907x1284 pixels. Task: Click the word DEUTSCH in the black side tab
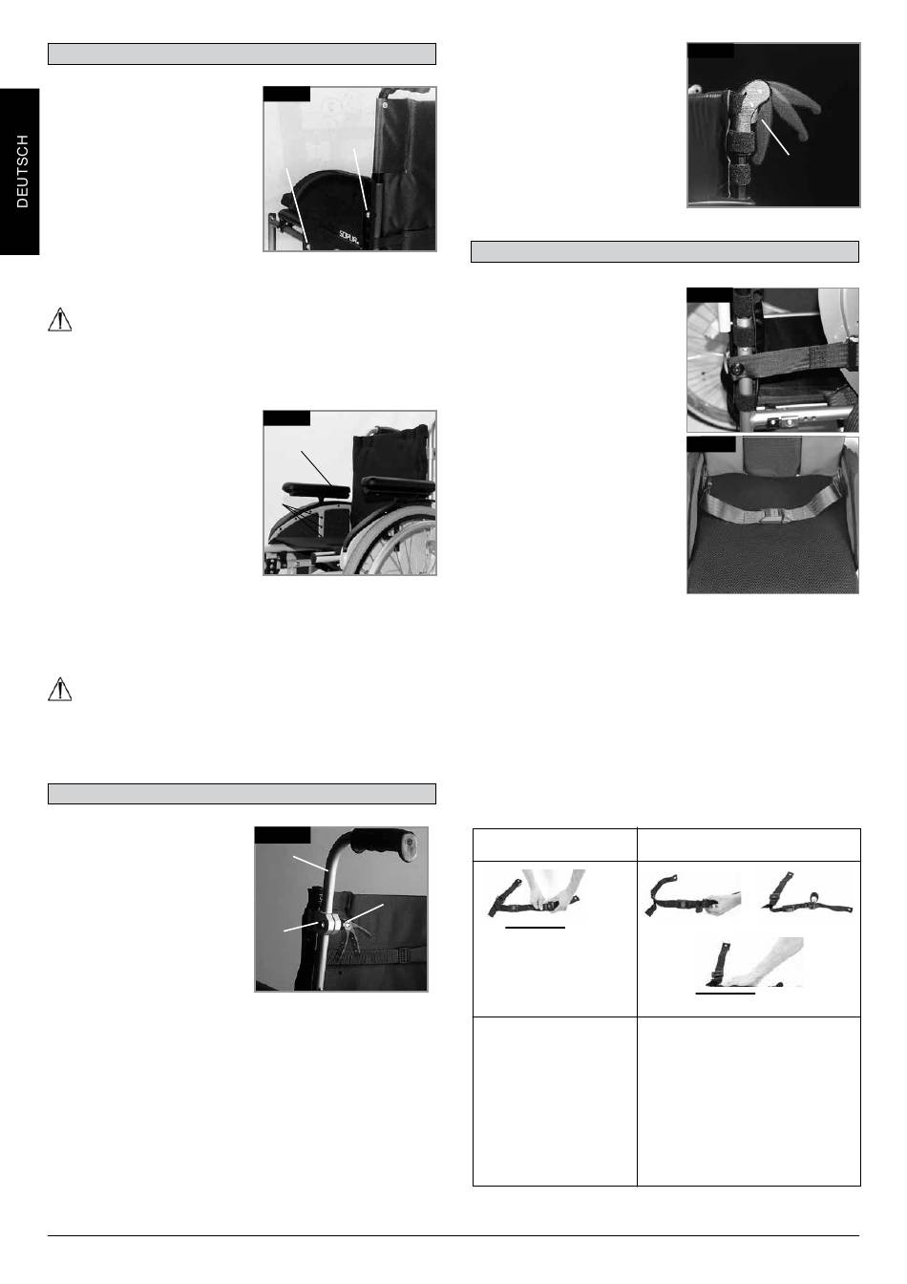[22, 171]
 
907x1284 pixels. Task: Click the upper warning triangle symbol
[59, 320]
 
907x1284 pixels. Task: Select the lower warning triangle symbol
[59, 689]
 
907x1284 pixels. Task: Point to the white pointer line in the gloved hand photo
[775, 137]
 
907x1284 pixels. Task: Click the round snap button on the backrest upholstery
[386, 106]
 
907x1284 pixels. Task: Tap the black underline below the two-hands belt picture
[536, 927]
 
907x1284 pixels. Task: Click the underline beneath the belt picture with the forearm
[726, 993]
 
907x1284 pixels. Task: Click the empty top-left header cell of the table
[555, 845]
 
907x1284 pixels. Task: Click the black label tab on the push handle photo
[283, 835]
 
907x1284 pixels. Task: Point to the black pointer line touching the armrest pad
[316, 468]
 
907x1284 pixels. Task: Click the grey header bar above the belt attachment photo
[664, 251]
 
